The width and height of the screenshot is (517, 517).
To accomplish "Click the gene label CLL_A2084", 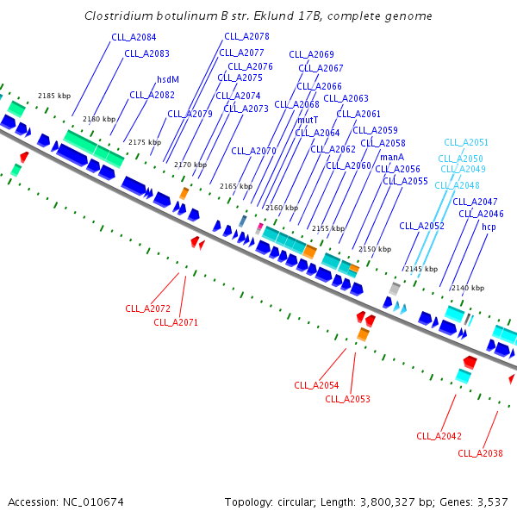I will coord(134,37).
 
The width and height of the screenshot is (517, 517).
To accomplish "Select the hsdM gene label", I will coord(168,79).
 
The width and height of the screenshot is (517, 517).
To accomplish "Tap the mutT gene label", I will coord(308,120).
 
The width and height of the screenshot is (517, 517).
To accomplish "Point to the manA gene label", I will coord(392,157).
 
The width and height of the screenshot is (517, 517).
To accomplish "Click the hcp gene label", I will coord(489,227).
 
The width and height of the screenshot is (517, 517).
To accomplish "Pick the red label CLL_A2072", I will coord(147,308).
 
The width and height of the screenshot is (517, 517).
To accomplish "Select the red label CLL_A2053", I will coord(347,399).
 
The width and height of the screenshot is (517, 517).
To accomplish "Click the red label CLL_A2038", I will coord(480,453).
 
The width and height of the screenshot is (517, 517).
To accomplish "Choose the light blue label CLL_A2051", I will coord(466,142).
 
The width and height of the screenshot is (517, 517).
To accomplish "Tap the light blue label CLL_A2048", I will coord(457,185).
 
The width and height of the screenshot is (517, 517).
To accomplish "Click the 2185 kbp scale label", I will coord(53,97).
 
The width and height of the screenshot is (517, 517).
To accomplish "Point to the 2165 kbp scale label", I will coord(235,186).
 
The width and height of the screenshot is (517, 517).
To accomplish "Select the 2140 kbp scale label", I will coord(468,288).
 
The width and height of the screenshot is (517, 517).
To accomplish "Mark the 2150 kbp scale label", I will coord(374,249).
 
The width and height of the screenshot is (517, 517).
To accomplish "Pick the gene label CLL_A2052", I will coord(422,226).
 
